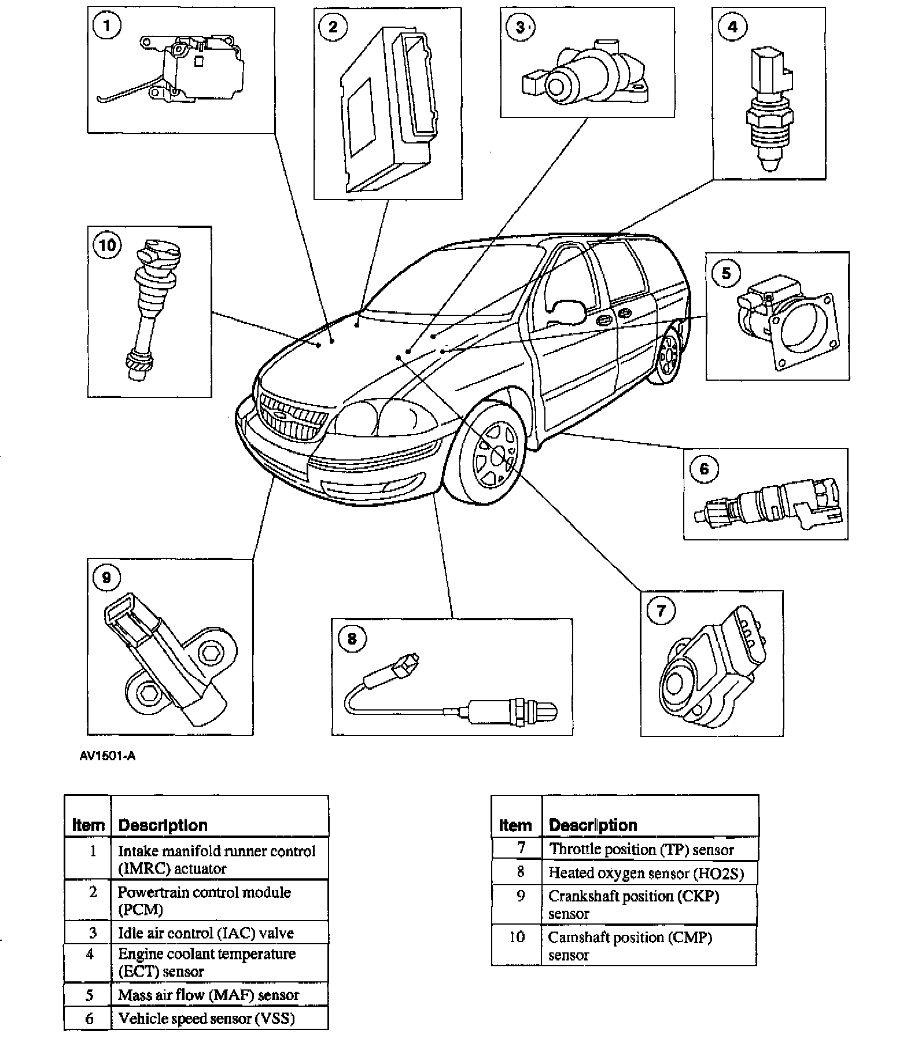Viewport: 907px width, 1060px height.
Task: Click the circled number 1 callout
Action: [x=106, y=26]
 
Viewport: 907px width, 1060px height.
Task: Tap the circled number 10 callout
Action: [x=107, y=245]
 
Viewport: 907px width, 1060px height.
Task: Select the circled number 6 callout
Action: [x=704, y=468]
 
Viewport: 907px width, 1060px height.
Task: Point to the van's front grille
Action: [x=292, y=419]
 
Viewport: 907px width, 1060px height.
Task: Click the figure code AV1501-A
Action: [x=108, y=756]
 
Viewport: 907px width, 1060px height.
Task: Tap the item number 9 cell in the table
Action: [x=520, y=896]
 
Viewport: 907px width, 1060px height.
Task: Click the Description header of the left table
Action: [x=163, y=825]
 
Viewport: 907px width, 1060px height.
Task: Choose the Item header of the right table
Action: [x=515, y=825]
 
